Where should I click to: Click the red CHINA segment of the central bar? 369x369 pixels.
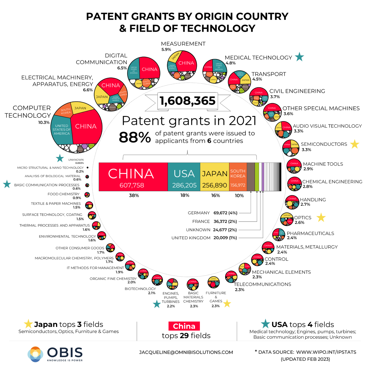tap(133, 177)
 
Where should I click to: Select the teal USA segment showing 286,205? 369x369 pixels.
tap(184, 177)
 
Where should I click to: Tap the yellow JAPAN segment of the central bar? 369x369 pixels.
tap(214, 177)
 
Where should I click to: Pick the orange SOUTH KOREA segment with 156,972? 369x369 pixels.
tap(238, 177)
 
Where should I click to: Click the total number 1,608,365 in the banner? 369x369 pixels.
tap(188, 101)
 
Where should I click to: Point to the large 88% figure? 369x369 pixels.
tap(135, 137)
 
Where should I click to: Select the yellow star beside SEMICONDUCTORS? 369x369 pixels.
tap(355, 144)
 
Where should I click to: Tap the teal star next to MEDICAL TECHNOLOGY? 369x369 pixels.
tap(299, 57)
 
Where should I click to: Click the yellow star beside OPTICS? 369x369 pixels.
tap(321, 217)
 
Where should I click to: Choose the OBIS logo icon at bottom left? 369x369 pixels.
tap(35, 354)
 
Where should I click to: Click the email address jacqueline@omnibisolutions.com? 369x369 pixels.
tap(186, 352)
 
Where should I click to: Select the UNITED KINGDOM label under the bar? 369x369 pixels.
tap(191, 238)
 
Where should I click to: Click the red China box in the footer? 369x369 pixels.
tap(184, 326)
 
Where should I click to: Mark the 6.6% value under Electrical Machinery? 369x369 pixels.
tap(88, 90)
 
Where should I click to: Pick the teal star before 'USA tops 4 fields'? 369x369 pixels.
tap(265, 324)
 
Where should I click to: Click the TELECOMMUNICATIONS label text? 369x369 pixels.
tap(262, 284)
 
